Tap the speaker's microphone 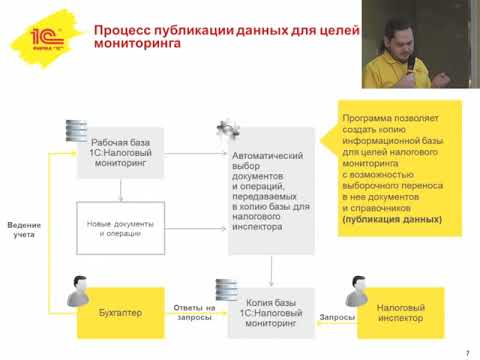(x=412, y=56)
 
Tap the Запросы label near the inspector (x=337, y=317)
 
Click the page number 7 (x=467, y=351)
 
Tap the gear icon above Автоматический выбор (x=228, y=128)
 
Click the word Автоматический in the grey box (x=264, y=157)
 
